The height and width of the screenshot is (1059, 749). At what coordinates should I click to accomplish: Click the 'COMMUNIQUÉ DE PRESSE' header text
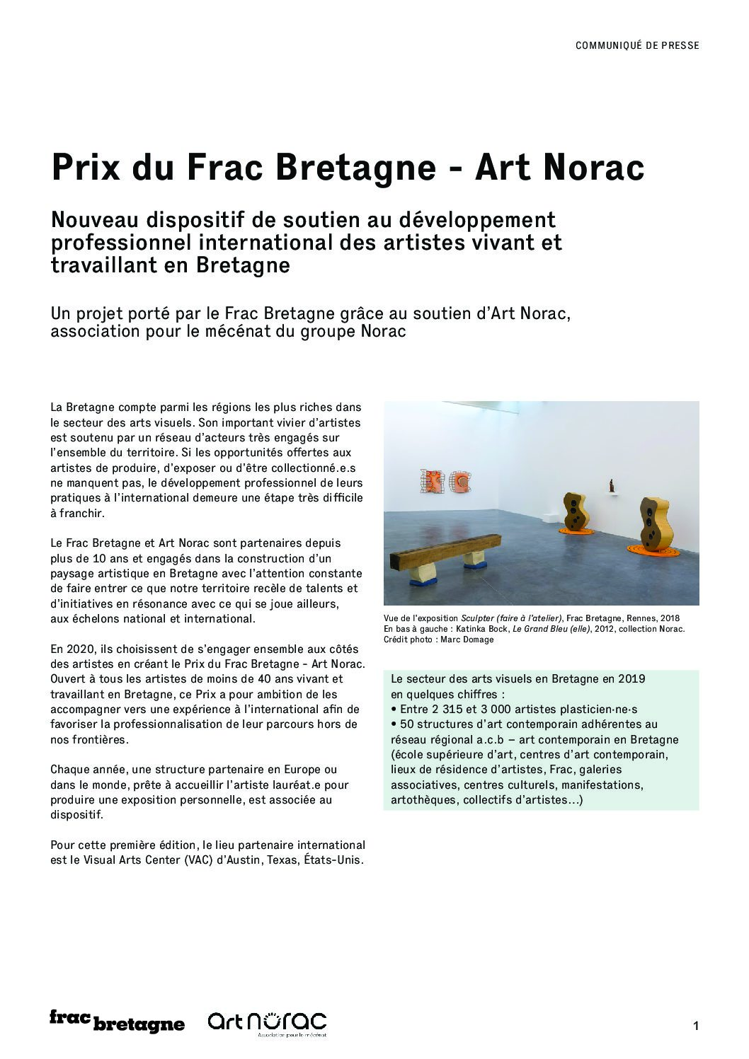[637, 45]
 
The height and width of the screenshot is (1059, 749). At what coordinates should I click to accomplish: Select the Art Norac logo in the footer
[267, 1022]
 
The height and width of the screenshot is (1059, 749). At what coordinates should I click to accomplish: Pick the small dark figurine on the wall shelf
[612, 486]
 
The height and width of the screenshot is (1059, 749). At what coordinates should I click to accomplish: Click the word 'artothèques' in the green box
[423, 800]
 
